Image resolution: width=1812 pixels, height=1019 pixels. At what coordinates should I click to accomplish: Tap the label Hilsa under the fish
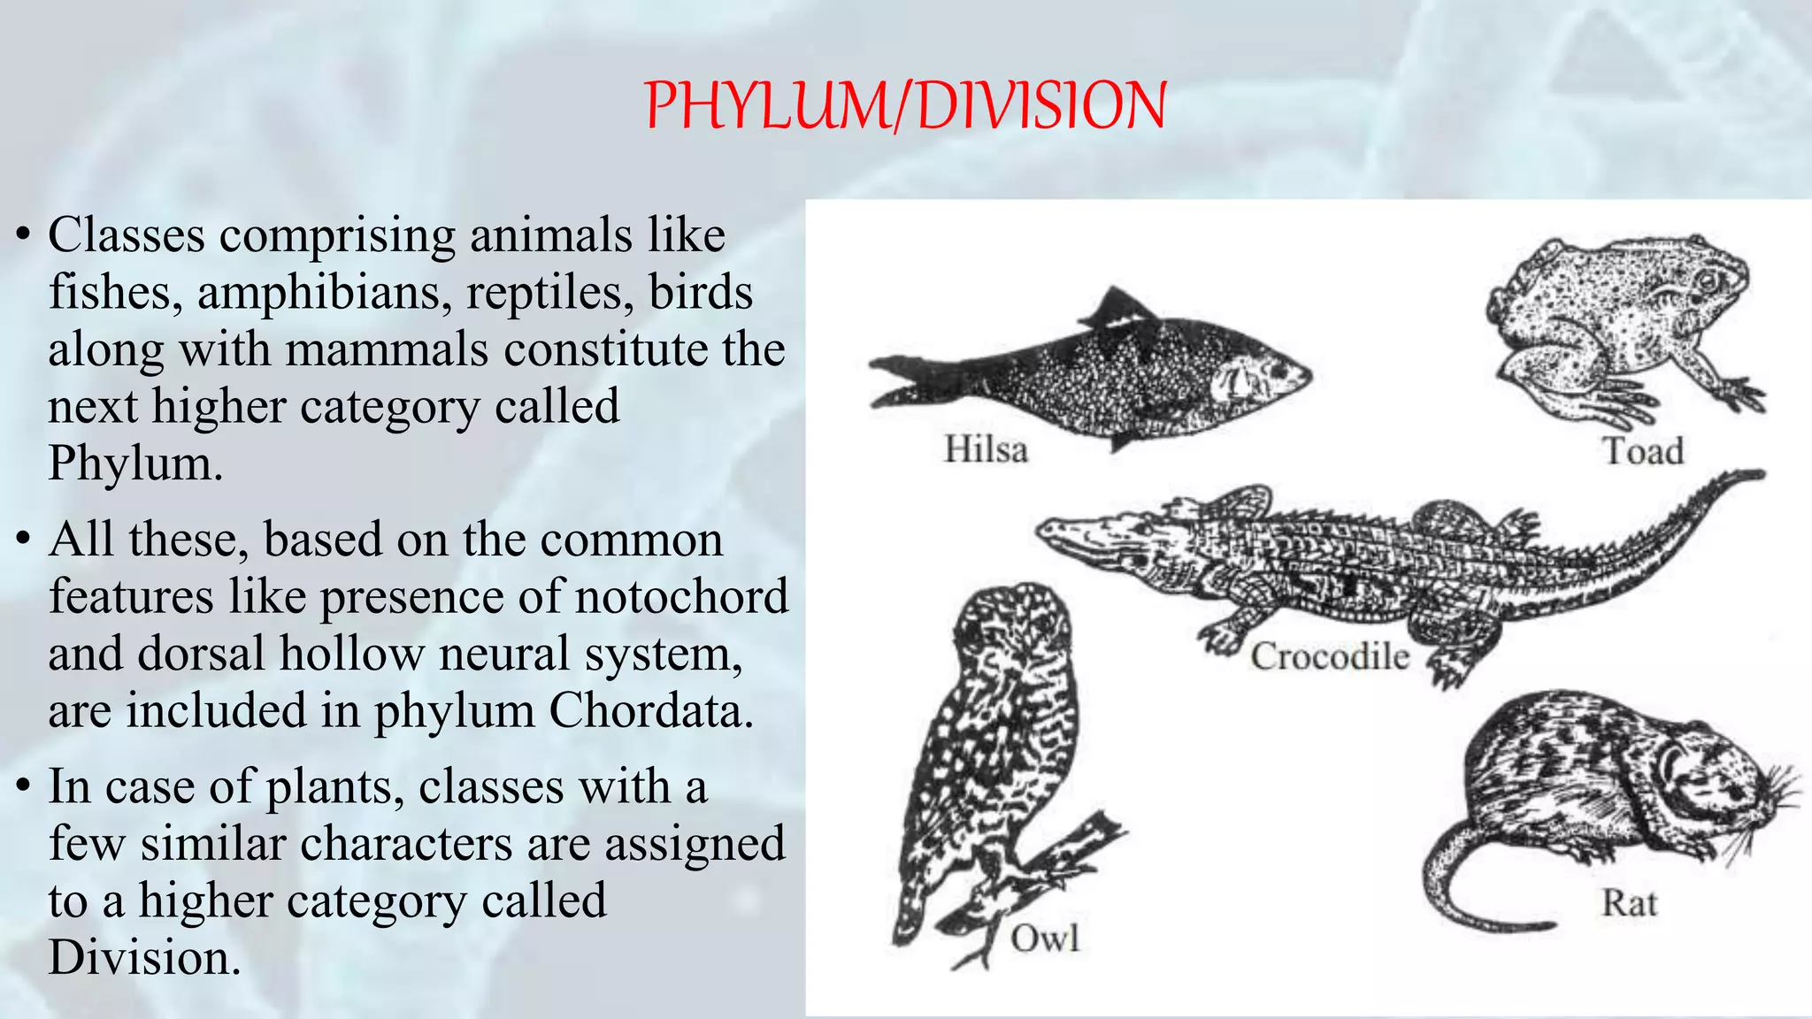986,449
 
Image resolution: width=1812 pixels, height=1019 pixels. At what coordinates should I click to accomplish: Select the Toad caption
1643,452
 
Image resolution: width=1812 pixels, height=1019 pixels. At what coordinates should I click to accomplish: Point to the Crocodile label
1329,656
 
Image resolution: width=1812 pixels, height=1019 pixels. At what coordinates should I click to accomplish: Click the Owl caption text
1045,939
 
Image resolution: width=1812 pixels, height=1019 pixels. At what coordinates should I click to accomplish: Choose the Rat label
1629,904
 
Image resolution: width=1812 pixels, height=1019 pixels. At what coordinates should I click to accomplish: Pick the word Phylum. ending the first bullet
135,463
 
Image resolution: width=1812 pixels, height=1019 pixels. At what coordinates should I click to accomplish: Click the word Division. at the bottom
144,958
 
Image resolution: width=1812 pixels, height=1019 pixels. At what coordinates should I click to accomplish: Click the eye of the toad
1707,281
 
